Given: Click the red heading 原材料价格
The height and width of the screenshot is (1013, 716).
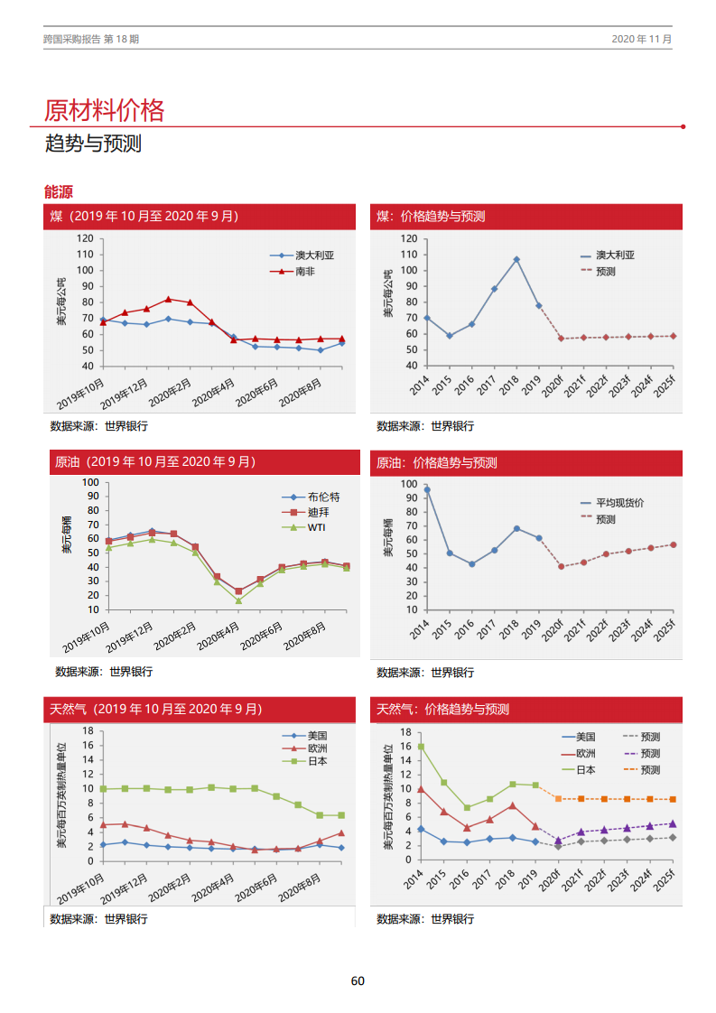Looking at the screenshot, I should coord(105,110).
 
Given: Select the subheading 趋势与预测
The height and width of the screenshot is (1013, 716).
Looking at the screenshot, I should coord(93,144).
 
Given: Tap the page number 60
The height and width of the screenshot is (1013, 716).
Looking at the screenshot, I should coord(358,981).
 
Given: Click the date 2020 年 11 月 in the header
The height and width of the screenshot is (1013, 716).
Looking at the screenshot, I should coord(641,39).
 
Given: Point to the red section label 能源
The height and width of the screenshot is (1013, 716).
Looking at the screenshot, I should coord(58,191).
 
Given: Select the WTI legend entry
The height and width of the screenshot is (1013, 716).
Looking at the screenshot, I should coord(317,527).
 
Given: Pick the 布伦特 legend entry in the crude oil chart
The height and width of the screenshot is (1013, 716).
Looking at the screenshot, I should coord(323,497).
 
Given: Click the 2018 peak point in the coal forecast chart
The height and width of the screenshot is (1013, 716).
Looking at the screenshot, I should coord(516,259).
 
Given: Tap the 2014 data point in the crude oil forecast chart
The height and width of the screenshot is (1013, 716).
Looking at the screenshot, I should coord(427,489).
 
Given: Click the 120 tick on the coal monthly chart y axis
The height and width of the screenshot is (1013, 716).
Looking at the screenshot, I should coord(85,238).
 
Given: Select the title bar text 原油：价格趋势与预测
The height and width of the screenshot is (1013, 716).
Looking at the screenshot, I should coord(437,463).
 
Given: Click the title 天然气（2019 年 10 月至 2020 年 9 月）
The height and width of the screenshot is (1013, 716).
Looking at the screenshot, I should coord(156,710).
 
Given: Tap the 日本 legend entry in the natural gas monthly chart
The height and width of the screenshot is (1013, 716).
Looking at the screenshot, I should coord(317,761).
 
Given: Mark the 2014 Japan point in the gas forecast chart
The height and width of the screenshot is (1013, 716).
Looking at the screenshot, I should coord(421,747).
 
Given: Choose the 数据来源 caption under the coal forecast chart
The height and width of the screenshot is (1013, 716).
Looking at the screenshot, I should coord(425,426).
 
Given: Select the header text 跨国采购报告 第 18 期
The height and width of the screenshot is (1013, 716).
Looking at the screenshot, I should coord(91,39).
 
